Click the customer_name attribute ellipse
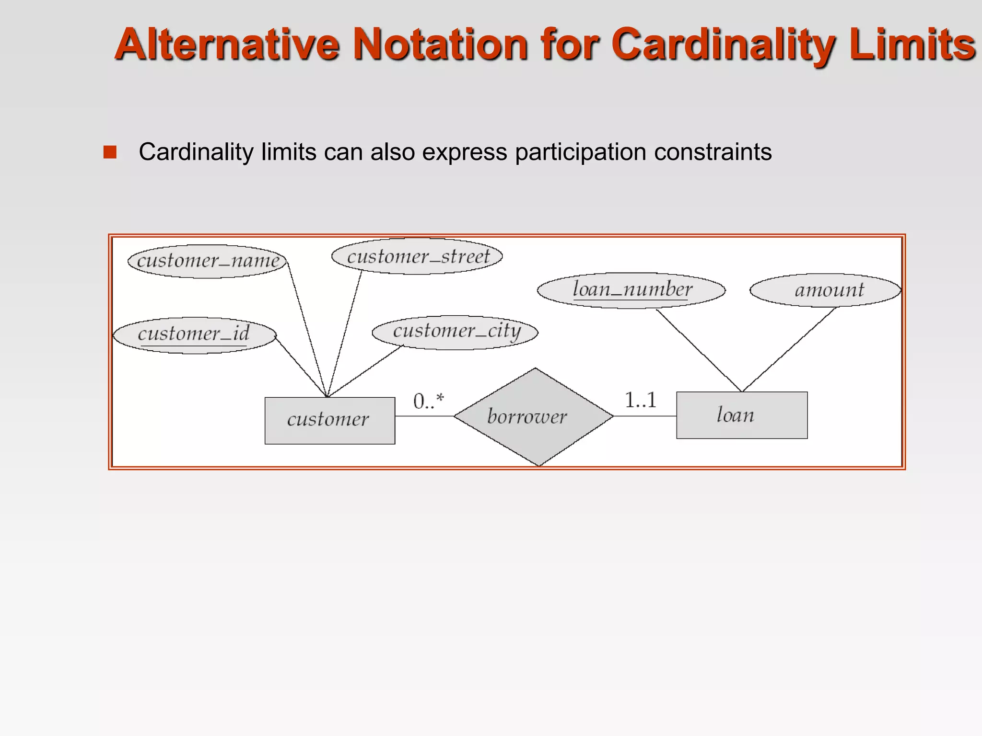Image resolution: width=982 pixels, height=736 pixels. pos(207,261)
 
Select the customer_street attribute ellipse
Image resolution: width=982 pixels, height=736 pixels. pos(417,256)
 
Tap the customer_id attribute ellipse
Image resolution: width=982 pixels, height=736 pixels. pos(194,334)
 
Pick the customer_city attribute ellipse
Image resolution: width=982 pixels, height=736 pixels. pos(456,332)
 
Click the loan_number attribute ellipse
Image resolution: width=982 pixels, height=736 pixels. pos(631,290)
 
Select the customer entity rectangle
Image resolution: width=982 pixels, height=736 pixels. pos(330,420)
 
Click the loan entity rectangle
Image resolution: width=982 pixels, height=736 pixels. pos(742,415)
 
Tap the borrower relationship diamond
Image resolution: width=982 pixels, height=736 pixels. pos(533,416)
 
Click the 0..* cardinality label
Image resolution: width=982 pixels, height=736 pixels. pos(429,401)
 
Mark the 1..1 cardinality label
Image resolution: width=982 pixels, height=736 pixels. pos(641,400)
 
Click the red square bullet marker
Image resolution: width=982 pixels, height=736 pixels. pos(110,152)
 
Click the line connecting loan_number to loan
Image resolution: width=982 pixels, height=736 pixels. pos(699,351)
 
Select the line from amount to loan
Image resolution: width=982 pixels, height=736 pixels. pos(789,350)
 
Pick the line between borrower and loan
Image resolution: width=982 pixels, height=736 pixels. pos(645,416)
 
